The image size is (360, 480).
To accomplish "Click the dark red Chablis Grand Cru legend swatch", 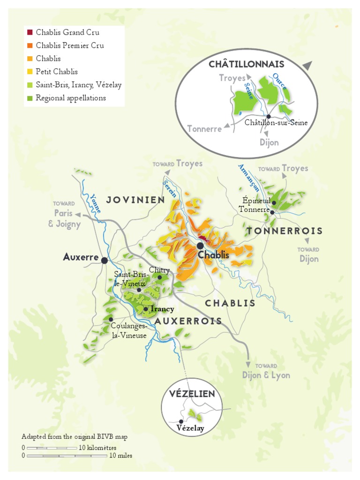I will (30, 32).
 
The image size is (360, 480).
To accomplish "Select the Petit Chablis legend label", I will (56, 72).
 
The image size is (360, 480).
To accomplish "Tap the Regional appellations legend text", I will (70, 98).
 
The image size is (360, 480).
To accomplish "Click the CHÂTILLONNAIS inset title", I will (246, 64).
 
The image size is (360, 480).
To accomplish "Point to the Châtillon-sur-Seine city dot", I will (269, 116).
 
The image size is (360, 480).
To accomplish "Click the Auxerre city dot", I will (104, 260).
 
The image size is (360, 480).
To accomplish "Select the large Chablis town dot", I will (200, 246).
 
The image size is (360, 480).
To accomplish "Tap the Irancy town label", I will (162, 309).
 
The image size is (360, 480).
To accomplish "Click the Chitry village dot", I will (159, 277).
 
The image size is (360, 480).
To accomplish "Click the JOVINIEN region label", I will (135, 200).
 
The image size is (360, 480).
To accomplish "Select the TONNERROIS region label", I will (285, 231).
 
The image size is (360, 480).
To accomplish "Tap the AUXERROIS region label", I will (188, 321).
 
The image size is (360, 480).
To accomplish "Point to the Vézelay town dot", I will (181, 421).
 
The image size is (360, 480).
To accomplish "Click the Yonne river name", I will (96, 203).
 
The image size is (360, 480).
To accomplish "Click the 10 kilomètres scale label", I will (97, 448).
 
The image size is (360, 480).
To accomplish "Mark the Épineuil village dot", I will (274, 203).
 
